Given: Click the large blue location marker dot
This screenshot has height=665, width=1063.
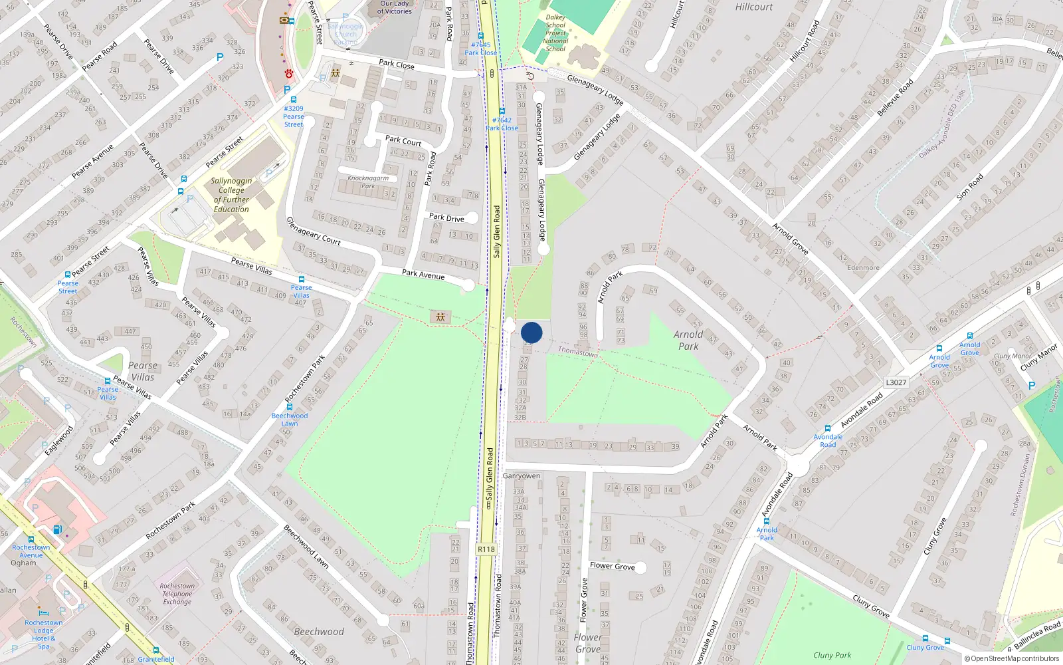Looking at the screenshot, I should [x=531, y=332].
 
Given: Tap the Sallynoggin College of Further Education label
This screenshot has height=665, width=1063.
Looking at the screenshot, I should [x=231, y=195].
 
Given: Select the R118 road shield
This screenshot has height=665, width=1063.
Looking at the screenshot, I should [x=486, y=549].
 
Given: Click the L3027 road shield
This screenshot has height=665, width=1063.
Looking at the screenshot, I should [x=896, y=382].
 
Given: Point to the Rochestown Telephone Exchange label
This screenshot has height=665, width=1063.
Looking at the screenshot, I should [x=177, y=594].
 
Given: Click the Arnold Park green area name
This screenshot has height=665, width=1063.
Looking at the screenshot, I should [x=688, y=340].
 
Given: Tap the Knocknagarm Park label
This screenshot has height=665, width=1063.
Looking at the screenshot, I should [x=368, y=182].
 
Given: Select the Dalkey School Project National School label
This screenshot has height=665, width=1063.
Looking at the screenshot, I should [x=555, y=33].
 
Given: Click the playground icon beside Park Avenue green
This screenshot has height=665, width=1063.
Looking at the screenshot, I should [x=440, y=317].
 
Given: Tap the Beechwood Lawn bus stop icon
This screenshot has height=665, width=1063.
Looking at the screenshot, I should [x=290, y=406].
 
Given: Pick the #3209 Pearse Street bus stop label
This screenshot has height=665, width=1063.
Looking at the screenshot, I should [x=294, y=116].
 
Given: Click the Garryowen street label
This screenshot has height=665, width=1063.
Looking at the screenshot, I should [x=522, y=476].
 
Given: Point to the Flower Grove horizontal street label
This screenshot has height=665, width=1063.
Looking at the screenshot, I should [x=612, y=566].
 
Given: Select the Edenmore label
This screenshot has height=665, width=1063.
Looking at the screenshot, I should [x=863, y=268].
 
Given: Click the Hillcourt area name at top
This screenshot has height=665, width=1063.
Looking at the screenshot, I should [x=754, y=7].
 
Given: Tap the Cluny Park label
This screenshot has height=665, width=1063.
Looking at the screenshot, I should [x=832, y=655].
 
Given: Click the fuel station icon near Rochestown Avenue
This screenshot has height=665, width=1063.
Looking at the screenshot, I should [x=58, y=530].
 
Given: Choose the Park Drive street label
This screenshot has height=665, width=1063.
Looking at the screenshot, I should [x=446, y=217].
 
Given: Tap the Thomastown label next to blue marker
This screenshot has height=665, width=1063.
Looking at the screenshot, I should [x=578, y=351].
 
